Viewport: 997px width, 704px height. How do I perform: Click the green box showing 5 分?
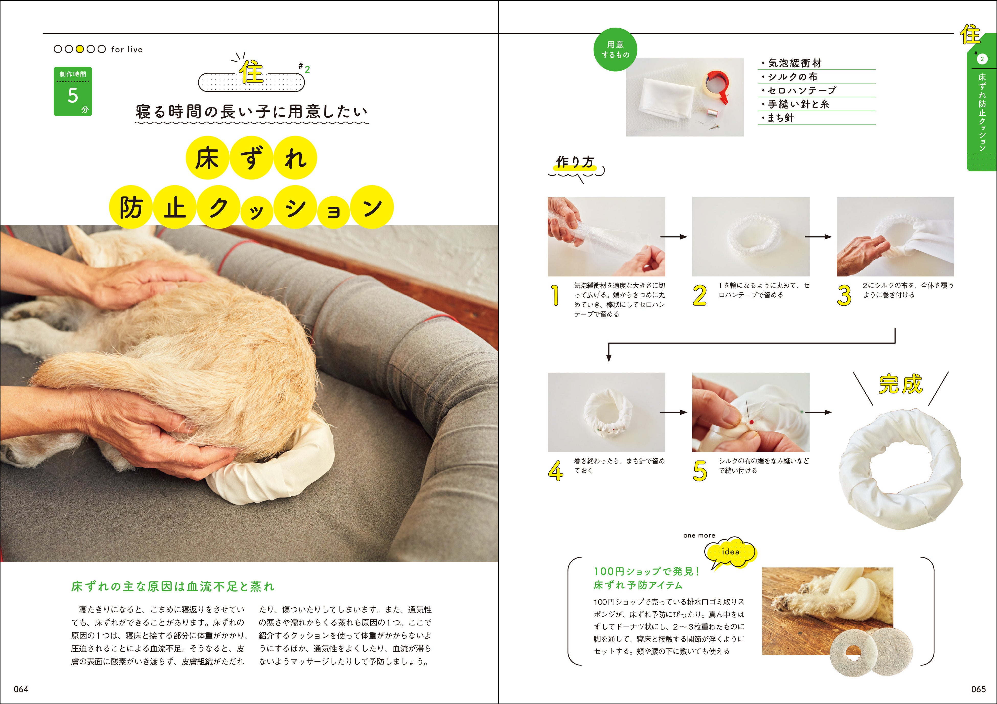pyautogui.click(x=73, y=92)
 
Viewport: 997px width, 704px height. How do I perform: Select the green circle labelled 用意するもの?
pyautogui.click(x=615, y=50)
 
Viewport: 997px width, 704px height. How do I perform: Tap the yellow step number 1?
pyautogui.click(x=556, y=295)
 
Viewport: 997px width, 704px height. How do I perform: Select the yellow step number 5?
pyautogui.click(x=699, y=471)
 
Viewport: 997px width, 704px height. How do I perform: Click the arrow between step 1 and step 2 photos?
pyautogui.click(x=674, y=237)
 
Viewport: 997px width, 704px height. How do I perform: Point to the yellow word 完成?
pyautogui.click(x=901, y=385)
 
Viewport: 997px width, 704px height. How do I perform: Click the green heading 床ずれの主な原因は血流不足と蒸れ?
pyautogui.click(x=173, y=587)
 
